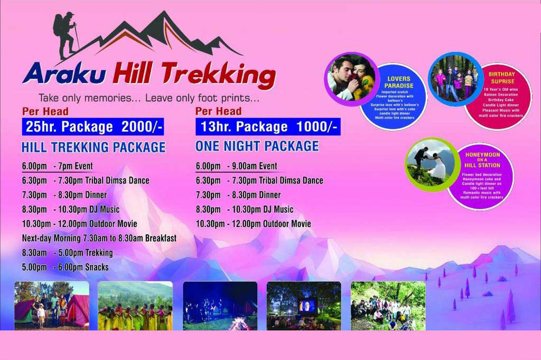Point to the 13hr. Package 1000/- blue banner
(x=268, y=127)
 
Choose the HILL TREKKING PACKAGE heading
(x=94, y=147)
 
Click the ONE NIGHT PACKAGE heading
(x=257, y=146)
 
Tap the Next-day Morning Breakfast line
(x=99, y=238)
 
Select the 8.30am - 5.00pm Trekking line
(x=68, y=253)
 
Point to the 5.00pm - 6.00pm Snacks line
(x=66, y=267)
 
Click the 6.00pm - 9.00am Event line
(x=236, y=166)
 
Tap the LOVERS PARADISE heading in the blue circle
(x=398, y=82)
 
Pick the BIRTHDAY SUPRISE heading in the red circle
(x=501, y=78)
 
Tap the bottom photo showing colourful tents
(x=52, y=306)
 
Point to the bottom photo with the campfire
(x=220, y=306)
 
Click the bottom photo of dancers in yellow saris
(x=135, y=306)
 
